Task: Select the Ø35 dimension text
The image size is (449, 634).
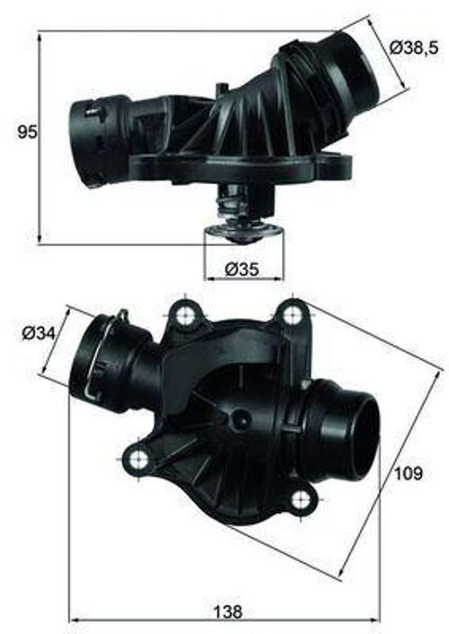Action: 242,268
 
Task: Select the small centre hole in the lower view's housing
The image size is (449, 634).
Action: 241,419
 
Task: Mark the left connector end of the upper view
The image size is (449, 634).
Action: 84,133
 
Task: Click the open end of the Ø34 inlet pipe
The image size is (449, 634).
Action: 85,357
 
